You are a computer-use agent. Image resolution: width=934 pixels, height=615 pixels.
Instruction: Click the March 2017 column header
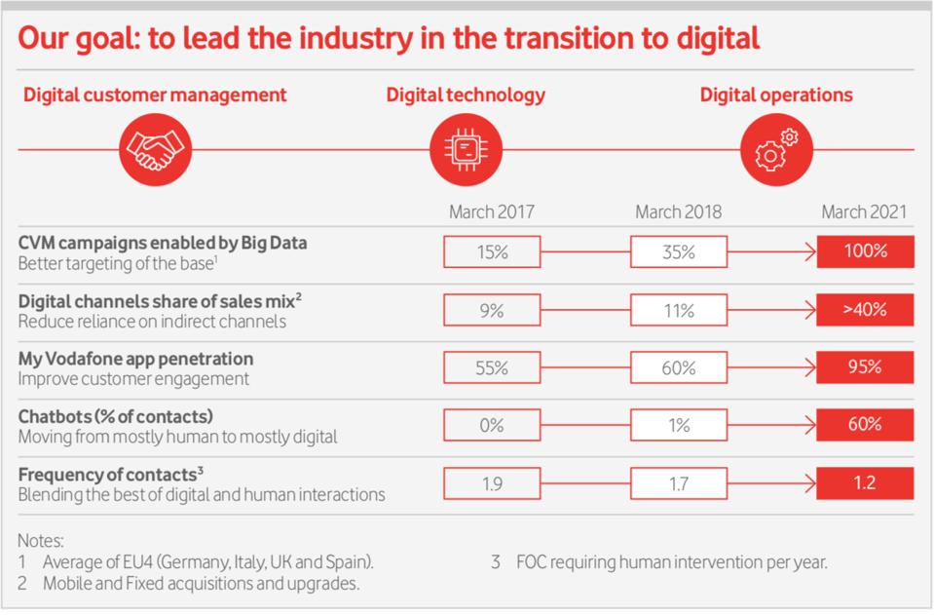click(x=492, y=211)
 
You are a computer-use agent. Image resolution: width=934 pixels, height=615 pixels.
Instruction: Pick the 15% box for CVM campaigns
click(x=492, y=251)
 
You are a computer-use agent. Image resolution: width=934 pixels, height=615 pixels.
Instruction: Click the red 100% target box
click(x=865, y=251)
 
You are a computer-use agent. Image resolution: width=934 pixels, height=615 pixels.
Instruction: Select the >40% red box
click(x=865, y=310)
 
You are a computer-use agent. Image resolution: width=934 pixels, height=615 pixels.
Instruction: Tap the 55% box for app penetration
click(x=492, y=367)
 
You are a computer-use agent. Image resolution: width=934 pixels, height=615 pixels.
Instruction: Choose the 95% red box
click(x=865, y=367)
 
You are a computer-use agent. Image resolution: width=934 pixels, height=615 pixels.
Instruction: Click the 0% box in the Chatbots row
click(x=492, y=425)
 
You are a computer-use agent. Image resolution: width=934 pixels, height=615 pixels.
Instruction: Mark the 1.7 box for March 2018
click(x=678, y=482)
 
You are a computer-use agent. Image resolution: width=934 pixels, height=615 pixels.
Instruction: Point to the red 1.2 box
click(x=865, y=482)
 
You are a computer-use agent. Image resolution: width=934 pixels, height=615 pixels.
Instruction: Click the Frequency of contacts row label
click(x=110, y=474)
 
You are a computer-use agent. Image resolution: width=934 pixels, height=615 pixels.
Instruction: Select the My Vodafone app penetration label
click(x=122, y=358)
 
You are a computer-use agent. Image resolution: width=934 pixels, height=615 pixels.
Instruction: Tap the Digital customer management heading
click(x=156, y=95)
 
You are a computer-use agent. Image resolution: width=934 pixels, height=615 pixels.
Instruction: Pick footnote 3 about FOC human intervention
click(x=659, y=562)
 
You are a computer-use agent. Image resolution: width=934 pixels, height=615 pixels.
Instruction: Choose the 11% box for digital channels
click(x=678, y=310)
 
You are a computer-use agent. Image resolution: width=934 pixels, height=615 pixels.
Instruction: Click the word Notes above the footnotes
click(x=40, y=539)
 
